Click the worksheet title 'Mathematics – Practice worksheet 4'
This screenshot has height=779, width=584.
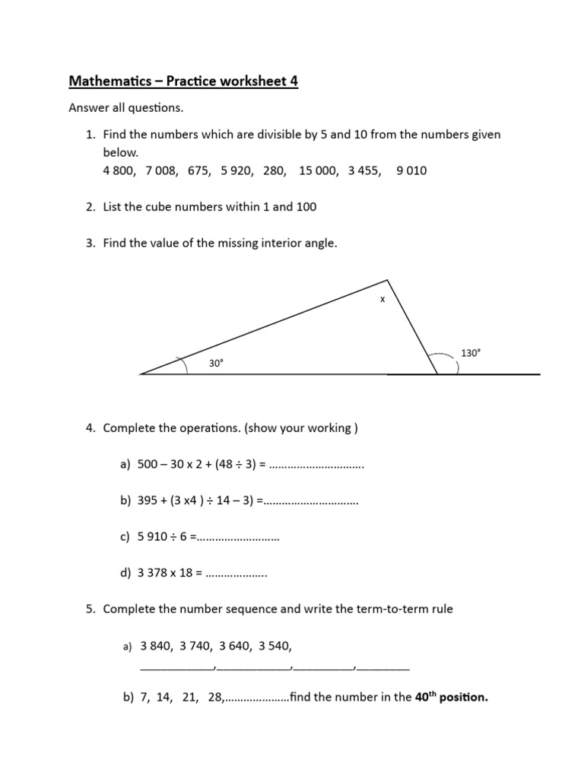point(183,81)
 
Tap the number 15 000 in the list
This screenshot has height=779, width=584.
point(319,171)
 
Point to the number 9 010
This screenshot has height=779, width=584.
point(411,171)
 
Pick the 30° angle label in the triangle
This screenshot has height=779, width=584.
point(217,364)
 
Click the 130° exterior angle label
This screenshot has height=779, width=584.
point(471,353)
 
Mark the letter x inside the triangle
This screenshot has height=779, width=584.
point(382,300)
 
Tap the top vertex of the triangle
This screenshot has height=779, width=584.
point(388,281)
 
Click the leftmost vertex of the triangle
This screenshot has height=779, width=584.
point(141,374)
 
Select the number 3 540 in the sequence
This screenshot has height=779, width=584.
point(275,647)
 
